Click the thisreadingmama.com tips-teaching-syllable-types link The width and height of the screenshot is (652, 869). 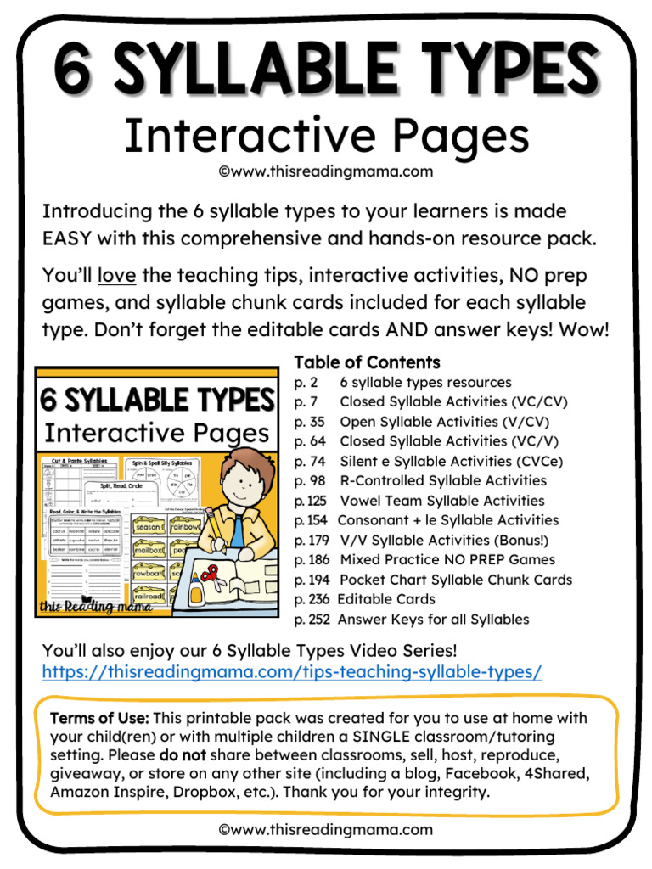[291, 672]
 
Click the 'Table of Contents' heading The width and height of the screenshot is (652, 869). [367, 362]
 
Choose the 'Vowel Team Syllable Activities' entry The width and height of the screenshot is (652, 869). [442, 501]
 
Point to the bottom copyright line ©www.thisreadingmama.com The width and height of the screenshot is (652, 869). [325, 829]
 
